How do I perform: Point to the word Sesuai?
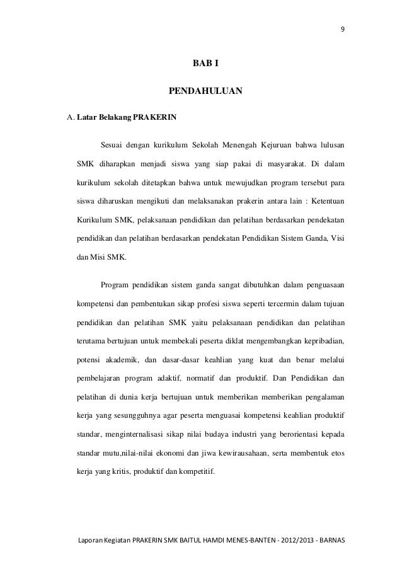[x=113, y=147]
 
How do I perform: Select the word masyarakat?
[x=285, y=166]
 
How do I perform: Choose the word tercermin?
[x=267, y=306]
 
